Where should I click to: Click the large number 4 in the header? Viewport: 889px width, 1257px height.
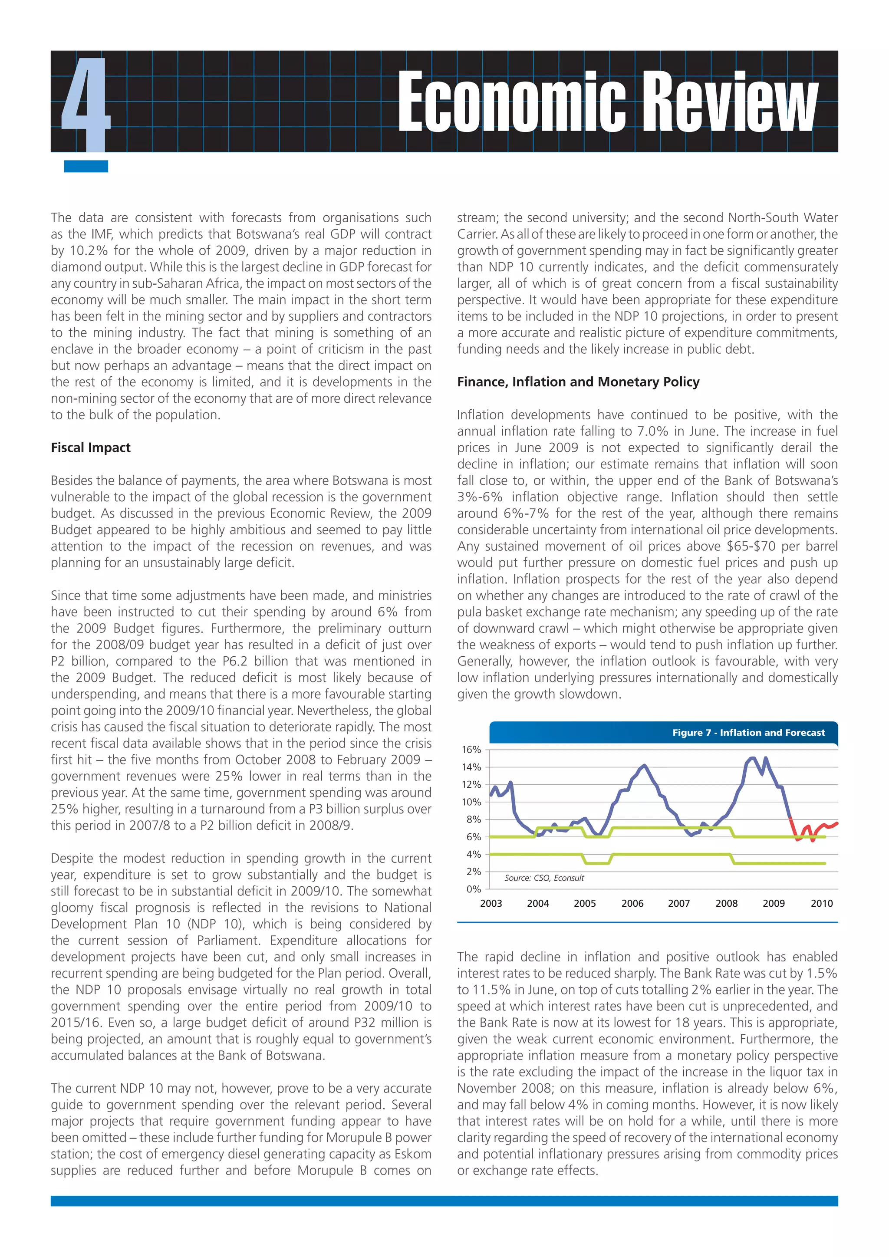[86, 104]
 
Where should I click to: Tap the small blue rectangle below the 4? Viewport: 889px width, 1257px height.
[86, 166]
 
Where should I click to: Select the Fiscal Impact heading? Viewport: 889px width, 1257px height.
[91, 448]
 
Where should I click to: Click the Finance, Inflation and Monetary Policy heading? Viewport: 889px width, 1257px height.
[578, 382]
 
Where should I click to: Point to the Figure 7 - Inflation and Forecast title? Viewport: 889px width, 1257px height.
[748, 733]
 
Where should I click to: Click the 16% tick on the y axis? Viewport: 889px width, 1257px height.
[471, 750]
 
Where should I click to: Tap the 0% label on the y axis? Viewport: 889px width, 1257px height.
[474, 889]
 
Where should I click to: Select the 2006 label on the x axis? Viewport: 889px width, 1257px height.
[632, 904]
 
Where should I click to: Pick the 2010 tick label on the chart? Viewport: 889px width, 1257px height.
[821, 904]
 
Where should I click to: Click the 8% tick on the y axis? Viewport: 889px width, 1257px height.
[474, 819]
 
